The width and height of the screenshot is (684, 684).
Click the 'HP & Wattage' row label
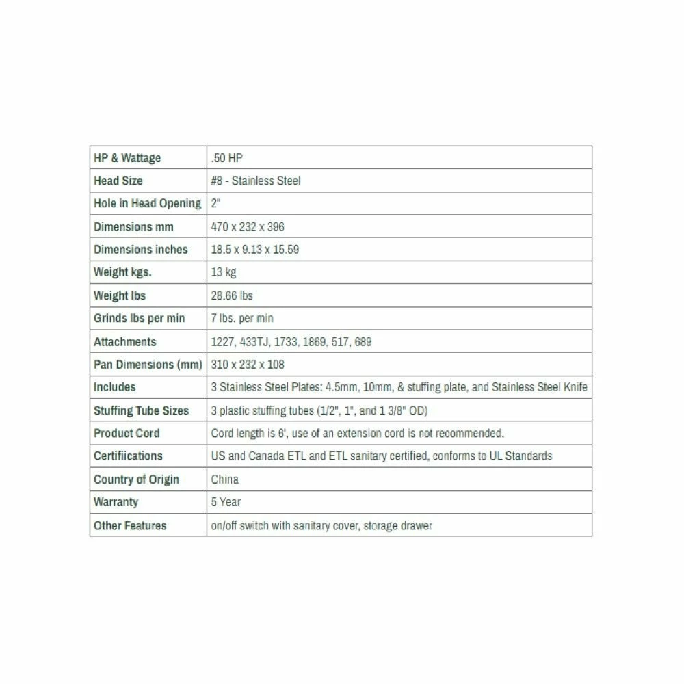tap(127, 158)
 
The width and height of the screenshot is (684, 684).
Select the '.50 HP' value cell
tap(227, 158)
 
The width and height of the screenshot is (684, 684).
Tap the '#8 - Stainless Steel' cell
tap(256, 181)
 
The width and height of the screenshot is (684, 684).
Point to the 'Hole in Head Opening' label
tap(147, 204)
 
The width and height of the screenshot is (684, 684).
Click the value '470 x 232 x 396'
tap(248, 226)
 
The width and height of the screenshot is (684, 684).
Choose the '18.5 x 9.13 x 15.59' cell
tap(255, 250)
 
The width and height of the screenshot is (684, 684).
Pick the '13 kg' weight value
tap(224, 272)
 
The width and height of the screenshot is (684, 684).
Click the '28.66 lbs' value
tap(232, 295)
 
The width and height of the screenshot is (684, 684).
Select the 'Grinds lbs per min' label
tap(139, 319)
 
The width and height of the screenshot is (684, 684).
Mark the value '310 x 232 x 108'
tap(248, 365)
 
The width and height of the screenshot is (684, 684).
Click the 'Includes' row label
tap(114, 387)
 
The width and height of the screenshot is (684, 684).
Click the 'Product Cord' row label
tap(127, 433)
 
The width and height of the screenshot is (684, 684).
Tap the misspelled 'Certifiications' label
tap(128, 456)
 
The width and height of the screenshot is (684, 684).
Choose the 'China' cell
tap(225, 479)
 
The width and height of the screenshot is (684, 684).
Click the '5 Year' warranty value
tap(226, 502)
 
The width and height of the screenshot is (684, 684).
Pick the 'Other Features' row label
tap(130, 525)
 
